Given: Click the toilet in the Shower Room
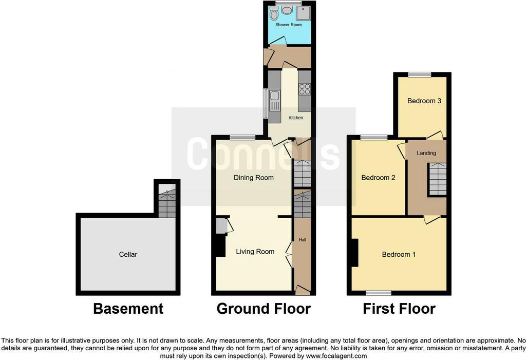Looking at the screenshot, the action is point(274,13).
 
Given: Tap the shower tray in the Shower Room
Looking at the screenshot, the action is point(304,13).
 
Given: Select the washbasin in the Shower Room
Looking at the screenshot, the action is point(287,10).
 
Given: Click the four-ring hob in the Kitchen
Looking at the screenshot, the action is point(305,89).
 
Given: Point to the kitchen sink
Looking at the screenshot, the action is point(274,101).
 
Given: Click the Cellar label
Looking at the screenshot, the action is point(128,254).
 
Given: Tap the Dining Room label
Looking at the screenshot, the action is point(254,178).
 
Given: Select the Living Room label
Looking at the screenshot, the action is point(255,251).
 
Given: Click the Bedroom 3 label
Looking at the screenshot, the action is point(424,101).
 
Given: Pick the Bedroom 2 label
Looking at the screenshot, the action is point(378,178).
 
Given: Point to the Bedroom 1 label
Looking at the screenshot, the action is point(399,254).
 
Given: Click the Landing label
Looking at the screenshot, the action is point(426,153).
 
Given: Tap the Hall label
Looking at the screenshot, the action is point(302,240).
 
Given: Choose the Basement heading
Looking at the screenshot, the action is point(128,309).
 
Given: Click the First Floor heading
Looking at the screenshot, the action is point(399,309).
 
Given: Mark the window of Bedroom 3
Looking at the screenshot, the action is point(419,74).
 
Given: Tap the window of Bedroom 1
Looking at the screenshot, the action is point(379,293).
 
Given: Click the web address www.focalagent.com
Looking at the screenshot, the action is point(331,356).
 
